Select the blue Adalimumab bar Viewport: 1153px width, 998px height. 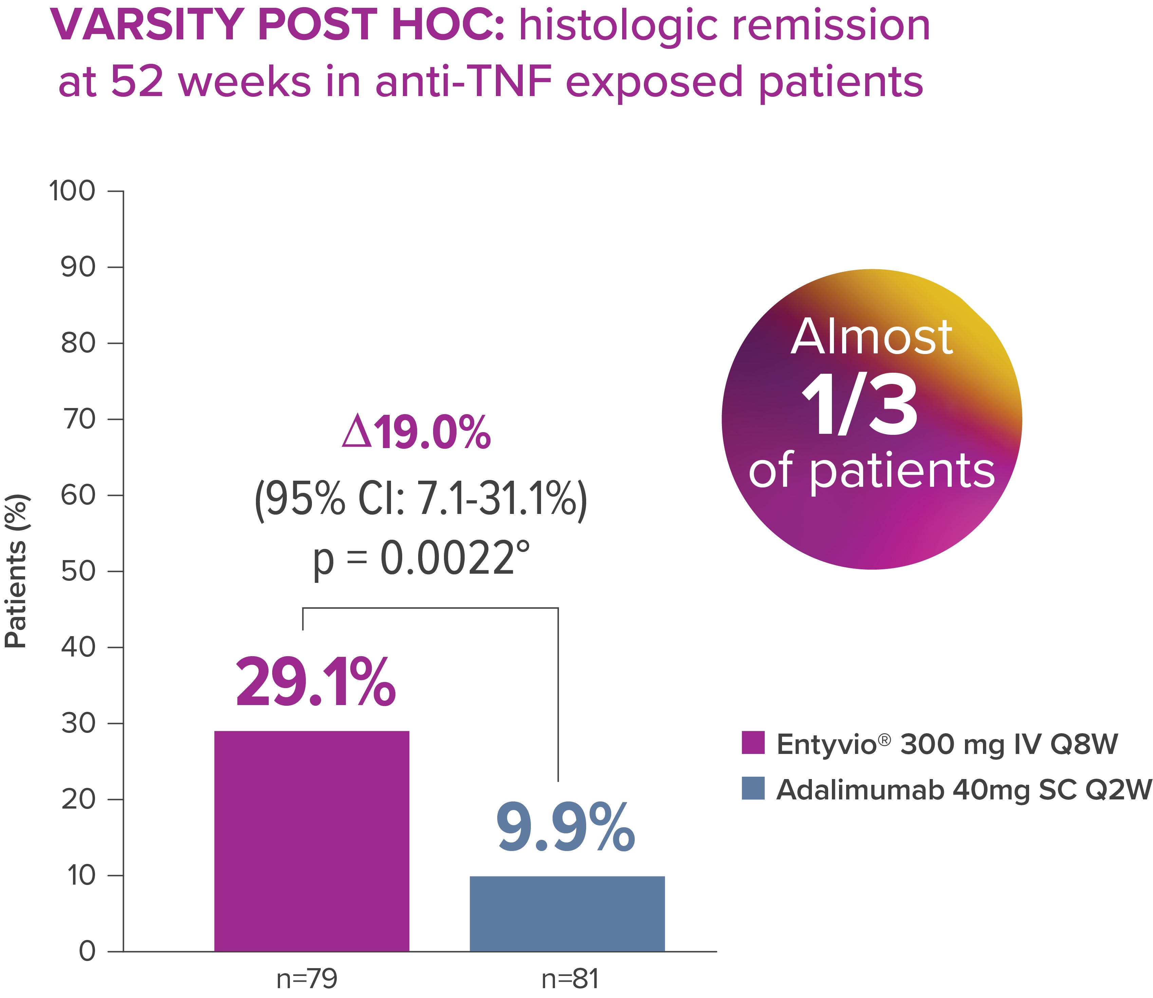(567, 913)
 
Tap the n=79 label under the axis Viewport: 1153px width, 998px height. (307, 979)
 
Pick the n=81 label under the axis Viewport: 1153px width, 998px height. (570, 979)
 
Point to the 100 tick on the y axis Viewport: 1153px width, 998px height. (72, 191)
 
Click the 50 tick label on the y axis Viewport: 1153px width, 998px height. (78, 571)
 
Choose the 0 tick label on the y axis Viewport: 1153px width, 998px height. (88, 951)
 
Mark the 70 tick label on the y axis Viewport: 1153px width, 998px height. (78, 419)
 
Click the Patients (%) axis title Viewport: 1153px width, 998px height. (16, 571)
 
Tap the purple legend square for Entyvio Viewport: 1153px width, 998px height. (753, 743)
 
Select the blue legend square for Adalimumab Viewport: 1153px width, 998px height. (753, 788)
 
